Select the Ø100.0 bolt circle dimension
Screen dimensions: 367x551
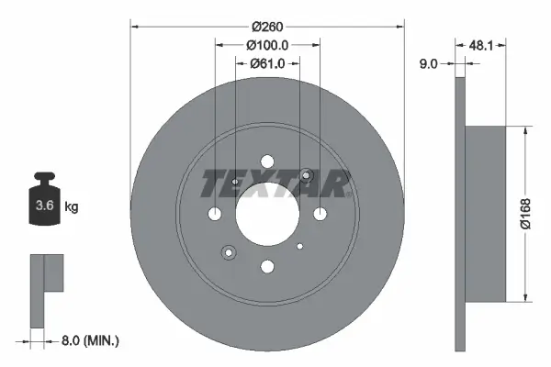(267, 45)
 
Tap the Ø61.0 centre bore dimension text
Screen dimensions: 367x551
(267, 63)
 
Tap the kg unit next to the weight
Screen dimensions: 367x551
(72, 206)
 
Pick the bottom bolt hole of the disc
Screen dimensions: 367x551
(267, 266)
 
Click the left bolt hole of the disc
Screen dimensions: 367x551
(215, 214)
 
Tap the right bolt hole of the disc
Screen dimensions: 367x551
(320, 214)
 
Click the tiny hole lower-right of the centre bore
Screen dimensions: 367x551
(301, 245)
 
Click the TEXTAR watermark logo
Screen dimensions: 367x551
(275, 184)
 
